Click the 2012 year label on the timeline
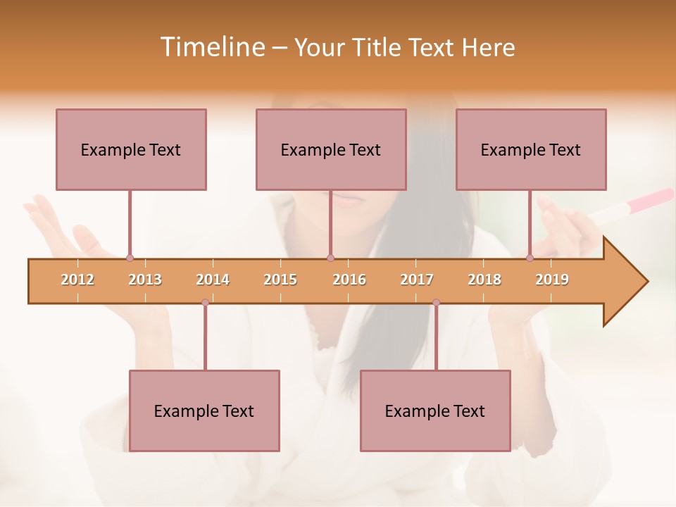point(77,280)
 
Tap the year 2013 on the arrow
point(145,280)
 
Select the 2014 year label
point(213,280)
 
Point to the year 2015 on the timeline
point(280,280)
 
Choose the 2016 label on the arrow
point(349,280)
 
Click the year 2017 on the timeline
point(417,280)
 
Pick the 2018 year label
point(484,280)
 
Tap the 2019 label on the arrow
point(552,280)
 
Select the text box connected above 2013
point(131,149)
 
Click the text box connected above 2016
point(331,149)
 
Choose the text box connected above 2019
point(531,149)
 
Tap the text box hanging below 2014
point(204,411)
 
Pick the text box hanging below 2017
point(435,411)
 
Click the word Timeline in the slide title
point(211,47)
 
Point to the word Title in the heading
point(377,47)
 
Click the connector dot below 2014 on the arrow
point(205,303)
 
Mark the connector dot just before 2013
point(130,258)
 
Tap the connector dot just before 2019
point(530,258)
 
